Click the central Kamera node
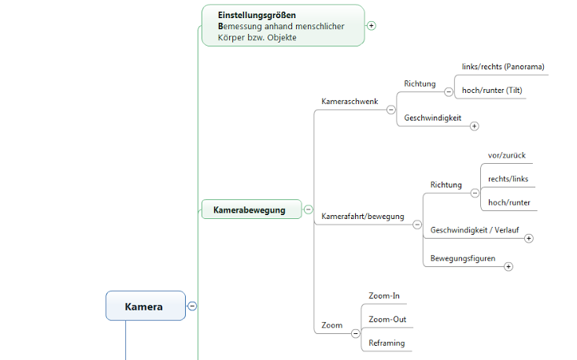tap(145, 306)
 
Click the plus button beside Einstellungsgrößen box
tap(372, 25)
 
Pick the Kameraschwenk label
tap(350, 102)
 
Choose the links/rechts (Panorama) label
tap(503, 67)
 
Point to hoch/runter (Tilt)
tap(492, 91)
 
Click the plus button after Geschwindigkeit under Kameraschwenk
tap(475, 125)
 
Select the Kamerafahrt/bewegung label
tap(363, 217)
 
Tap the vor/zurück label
tap(507, 156)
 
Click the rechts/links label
tap(509, 179)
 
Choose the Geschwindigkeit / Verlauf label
tap(475, 230)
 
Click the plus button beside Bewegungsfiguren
tap(509, 266)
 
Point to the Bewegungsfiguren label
tap(463, 258)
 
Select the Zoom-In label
tap(384, 296)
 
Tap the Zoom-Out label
tap(387, 320)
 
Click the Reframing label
tap(387, 343)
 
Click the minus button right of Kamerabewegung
tap(309, 210)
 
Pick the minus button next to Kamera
tap(192, 306)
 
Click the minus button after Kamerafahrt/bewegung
tap(417, 224)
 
